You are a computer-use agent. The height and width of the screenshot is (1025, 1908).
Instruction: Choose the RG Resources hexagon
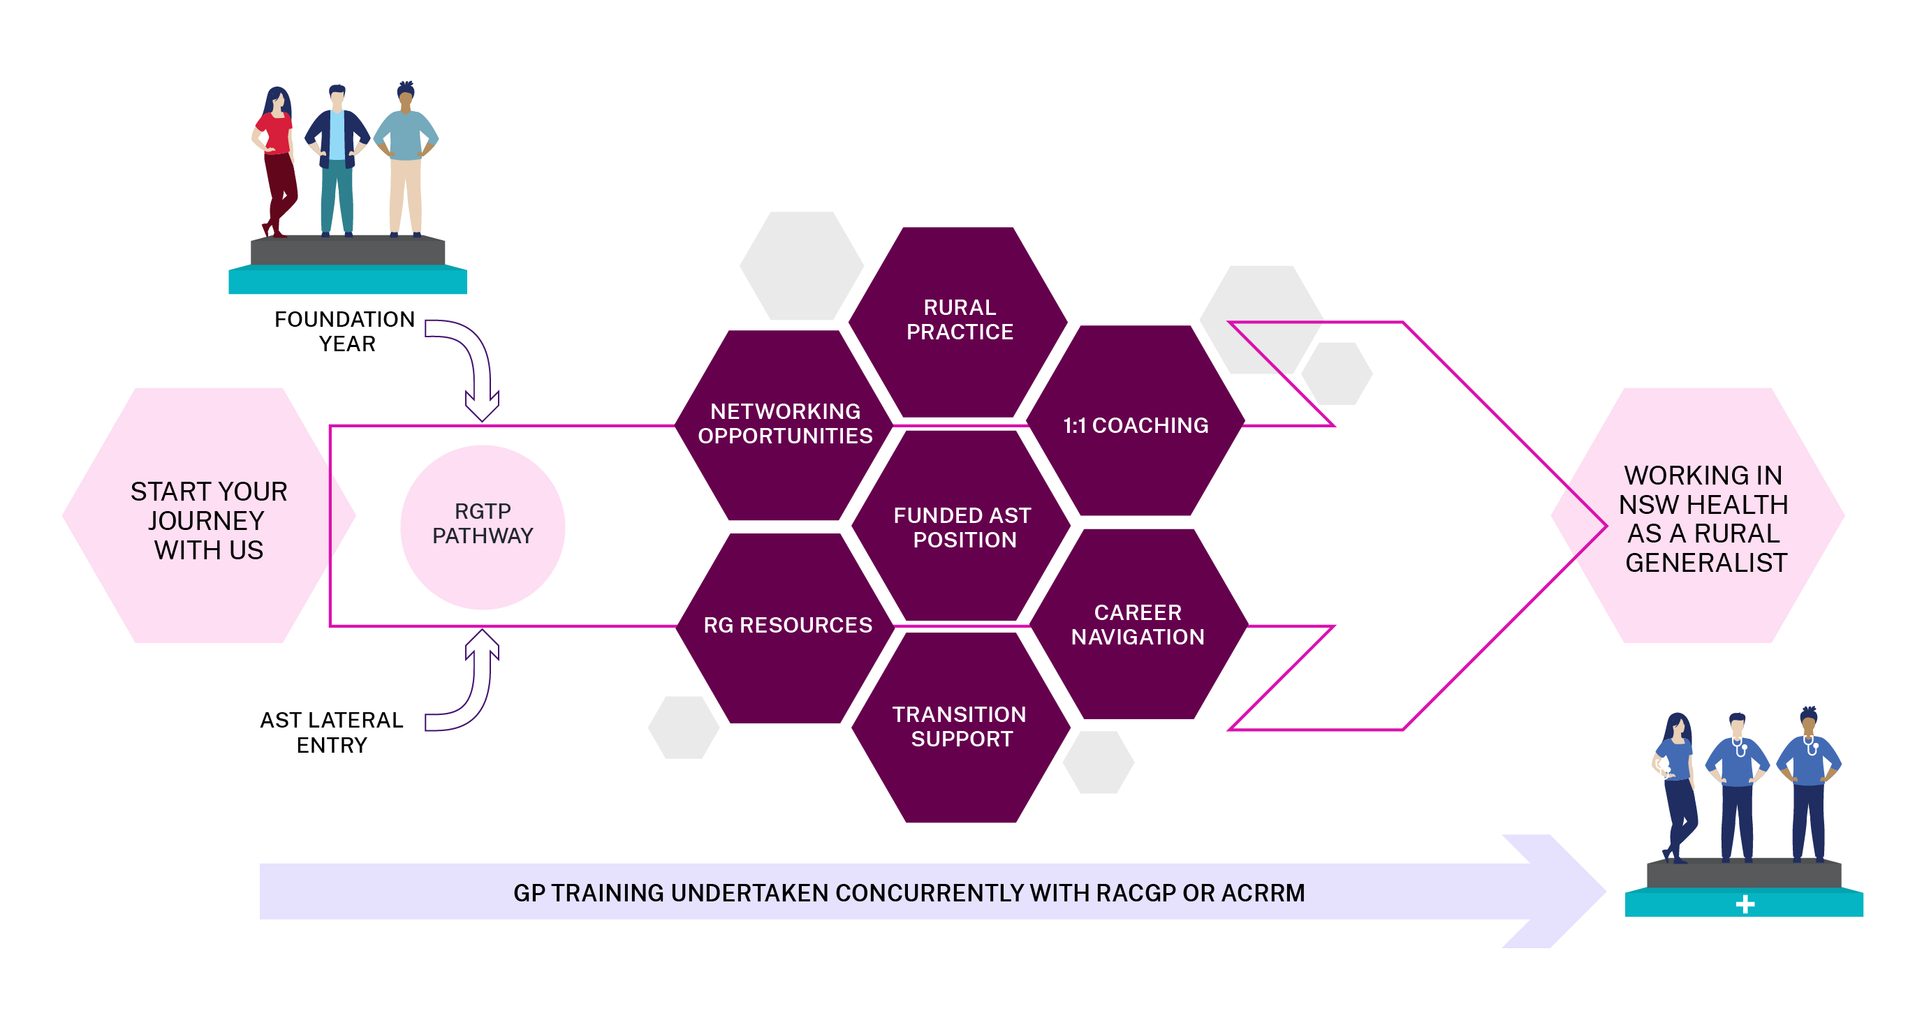click(x=787, y=626)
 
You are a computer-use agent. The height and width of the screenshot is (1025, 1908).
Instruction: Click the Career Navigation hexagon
click(x=1138, y=624)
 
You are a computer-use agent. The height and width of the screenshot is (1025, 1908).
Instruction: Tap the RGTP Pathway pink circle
click(x=482, y=526)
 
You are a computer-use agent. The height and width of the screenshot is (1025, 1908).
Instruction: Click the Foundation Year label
click(x=345, y=331)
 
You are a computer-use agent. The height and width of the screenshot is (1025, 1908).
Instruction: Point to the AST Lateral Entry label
click(x=332, y=732)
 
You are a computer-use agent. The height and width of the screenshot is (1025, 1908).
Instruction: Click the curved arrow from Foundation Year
click(x=474, y=363)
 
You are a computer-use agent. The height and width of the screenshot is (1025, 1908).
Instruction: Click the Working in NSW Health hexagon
click(x=1703, y=518)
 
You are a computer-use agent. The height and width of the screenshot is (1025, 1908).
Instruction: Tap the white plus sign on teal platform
click(x=1745, y=904)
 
